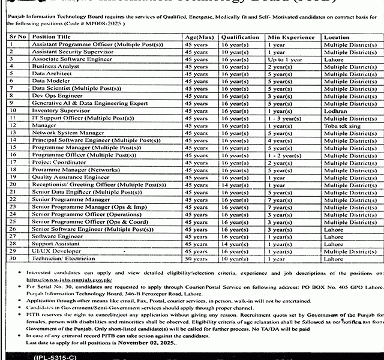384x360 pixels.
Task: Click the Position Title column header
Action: point(55,37)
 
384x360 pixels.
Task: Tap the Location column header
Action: point(337,37)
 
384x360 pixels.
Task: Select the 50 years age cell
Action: point(196,258)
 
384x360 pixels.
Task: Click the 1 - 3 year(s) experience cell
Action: point(286,118)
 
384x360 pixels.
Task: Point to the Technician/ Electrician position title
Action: point(63,258)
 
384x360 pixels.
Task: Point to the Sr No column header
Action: point(18,37)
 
